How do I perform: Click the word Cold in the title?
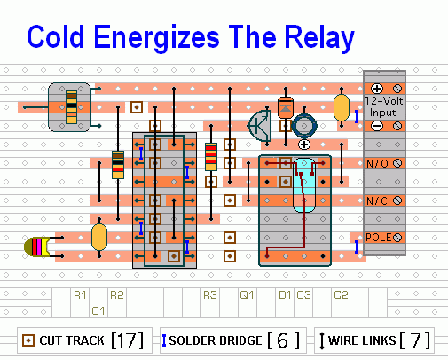(x=56, y=36)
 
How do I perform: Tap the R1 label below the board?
(x=80, y=295)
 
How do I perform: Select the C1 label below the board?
(x=98, y=311)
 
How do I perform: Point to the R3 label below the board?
(x=210, y=295)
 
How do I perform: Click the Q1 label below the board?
(x=247, y=295)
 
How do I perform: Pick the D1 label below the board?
(x=285, y=295)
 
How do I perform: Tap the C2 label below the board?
(x=341, y=295)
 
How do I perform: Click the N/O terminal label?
(x=377, y=163)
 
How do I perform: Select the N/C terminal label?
(x=377, y=201)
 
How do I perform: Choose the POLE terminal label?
(x=379, y=238)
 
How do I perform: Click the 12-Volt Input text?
(x=383, y=106)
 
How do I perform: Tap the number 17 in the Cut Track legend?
(x=128, y=340)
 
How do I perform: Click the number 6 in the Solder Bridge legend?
(x=283, y=340)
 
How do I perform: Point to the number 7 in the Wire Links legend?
(x=415, y=340)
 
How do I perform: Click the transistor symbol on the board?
(x=260, y=126)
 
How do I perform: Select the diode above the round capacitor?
(x=286, y=107)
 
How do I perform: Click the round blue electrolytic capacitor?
(x=304, y=126)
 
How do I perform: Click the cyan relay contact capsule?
(x=304, y=185)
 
